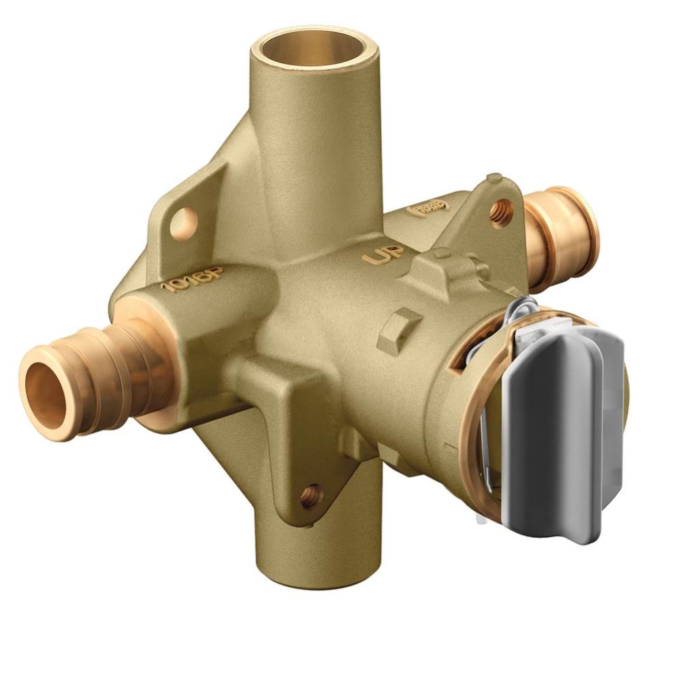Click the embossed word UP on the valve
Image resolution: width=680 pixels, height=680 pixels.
pos(383,256)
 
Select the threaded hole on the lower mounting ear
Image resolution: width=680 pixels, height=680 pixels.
pos(312,495)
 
